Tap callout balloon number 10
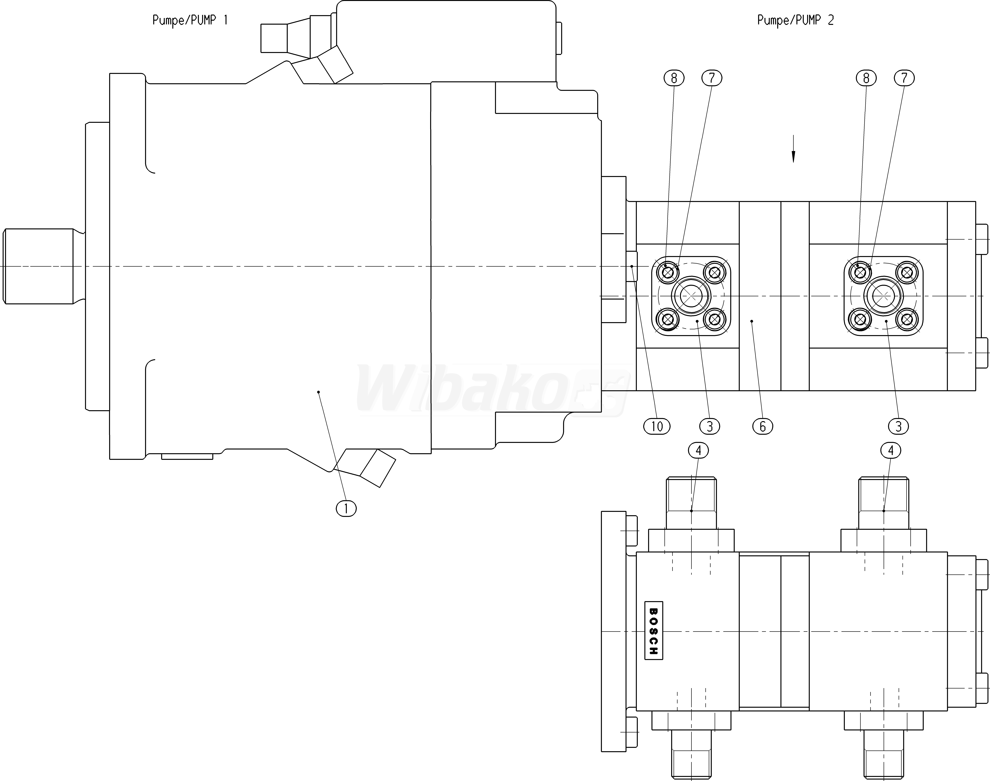[657, 427]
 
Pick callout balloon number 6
[762, 427]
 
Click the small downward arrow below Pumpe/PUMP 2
[793, 149]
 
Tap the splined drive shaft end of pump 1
[39, 266]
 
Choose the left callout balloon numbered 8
[674, 78]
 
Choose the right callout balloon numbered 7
[904, 78]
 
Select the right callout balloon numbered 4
[890, 450]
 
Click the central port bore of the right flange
[884, 296]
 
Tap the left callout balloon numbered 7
[712, 78]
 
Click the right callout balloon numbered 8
[866, 78]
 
